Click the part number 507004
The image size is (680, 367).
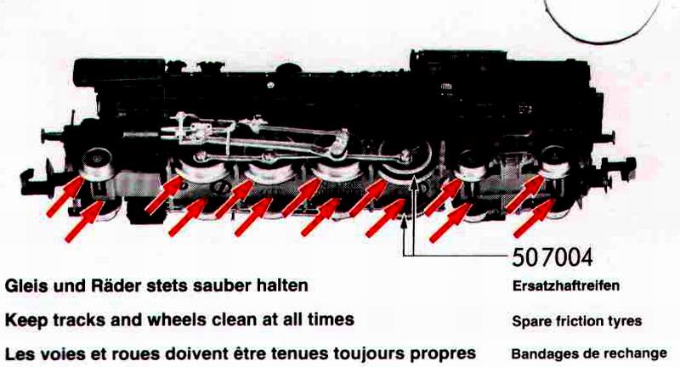(552, 257)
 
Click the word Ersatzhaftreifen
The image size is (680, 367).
(566, 286)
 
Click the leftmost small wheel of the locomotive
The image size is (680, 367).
(98, 165)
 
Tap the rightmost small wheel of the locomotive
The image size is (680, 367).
(555, 162)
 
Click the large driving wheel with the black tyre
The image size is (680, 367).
(405, 161)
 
